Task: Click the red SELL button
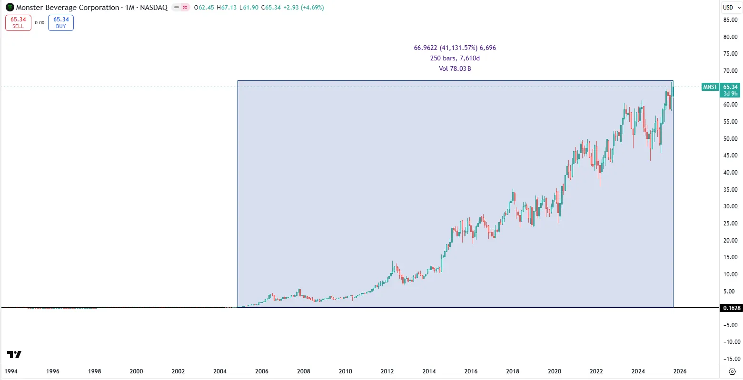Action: pos(18,23)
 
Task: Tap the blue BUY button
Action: pos(61,23)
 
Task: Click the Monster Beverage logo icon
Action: pos(10,8)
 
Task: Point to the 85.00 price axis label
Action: pos(730,20)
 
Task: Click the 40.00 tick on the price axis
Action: pos(730,173)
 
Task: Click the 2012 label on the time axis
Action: pos(387,371)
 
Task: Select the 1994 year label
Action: pos(11,371)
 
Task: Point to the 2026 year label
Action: pos(680,371)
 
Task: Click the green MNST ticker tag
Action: pos(710,87)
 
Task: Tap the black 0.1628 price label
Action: pos(732,308)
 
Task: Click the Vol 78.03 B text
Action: pos(455,69)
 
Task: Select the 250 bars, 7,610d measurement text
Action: pos(455,58)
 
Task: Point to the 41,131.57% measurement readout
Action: pos(455,48)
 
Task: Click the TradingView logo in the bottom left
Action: pos(14,355)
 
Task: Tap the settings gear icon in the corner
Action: pos(733,371)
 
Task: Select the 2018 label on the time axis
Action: pos(513,371)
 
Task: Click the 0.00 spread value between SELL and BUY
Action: pos(40,23)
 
